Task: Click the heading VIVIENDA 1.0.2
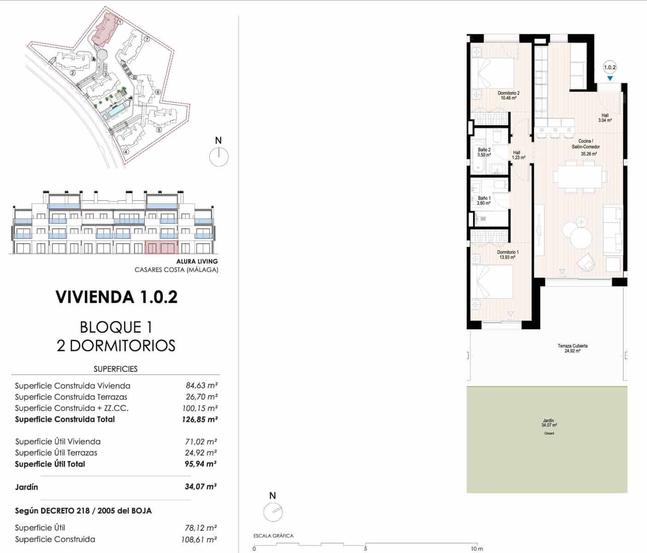click(117, 297)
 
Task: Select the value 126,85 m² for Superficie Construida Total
click(199, 419)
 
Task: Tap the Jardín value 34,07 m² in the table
click(200, 487)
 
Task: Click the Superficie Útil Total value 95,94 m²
click(200, 464)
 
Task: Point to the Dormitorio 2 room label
click(508, 95)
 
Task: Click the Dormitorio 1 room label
click(507, 255)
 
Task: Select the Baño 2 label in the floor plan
click(484, 153)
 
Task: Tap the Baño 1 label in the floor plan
click(484, 200)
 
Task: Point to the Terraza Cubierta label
click(572, 348)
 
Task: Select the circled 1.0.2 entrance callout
click(610, 67)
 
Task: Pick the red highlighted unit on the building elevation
click(161, 247)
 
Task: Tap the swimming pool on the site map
click(116, 110)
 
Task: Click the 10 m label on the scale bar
click(477, 549)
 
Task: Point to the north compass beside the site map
click(219, 157)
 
